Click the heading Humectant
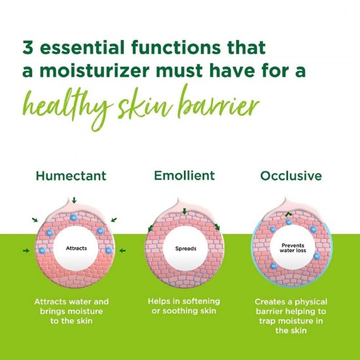point(71,177)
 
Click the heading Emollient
point(184,176)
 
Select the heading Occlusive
point(291,177)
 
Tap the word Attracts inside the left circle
point(77,249)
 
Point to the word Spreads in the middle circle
point(185,249)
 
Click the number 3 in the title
point(28,48)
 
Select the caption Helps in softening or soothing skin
point(184,305)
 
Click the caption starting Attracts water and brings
point(71,311)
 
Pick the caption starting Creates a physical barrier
point(290,316)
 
